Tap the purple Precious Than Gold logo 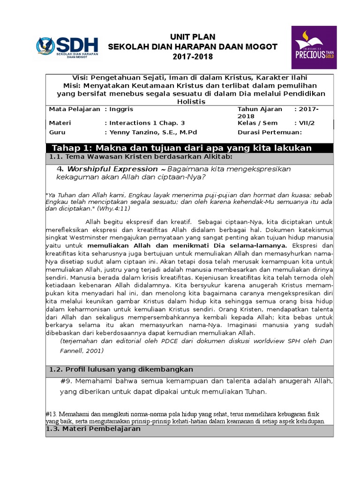click(314, 47)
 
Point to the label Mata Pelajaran click(75, 109)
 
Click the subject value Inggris click(121, 109)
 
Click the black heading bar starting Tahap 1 click(189, 148)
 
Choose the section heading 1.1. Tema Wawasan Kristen click(141, 157)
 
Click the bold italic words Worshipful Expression click(112, 169)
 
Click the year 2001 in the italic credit click(94, 351)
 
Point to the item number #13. click(51, 414)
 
